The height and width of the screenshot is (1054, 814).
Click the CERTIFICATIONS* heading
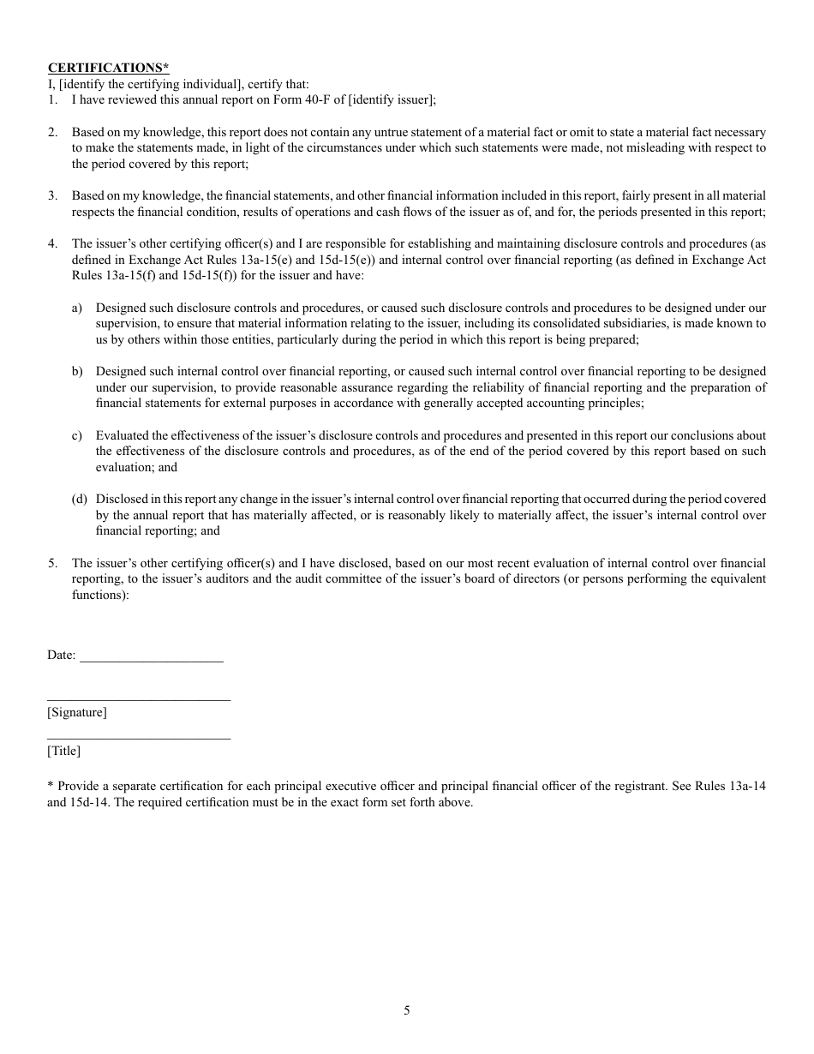(x=108, y=68)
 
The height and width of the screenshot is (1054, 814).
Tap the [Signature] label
(x=77, y=713)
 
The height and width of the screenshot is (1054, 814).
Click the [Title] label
(x=63, y=752)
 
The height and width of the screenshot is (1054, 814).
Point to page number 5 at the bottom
(x=407, y=1010)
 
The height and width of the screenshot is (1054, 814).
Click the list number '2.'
(x=52, y=133)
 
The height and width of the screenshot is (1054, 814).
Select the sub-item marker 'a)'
(x=77, y=308)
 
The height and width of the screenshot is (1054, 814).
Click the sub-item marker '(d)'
(x=79, y=500)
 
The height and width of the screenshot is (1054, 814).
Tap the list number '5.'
(x=52, y=564)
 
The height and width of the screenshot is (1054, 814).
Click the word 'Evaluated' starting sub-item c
(x=123, y=436)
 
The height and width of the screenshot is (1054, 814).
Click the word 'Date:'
(x=62, y=656)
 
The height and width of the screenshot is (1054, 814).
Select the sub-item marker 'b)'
(x=77, y=372)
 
